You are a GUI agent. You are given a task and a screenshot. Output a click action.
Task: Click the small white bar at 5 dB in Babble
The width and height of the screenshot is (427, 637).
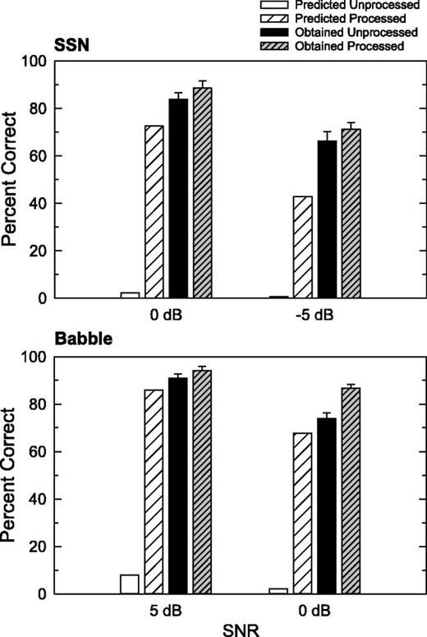pyautogui.click(x=130, y=584)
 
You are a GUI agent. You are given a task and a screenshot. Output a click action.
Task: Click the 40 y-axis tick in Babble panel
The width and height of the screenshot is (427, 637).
pyautogui.click(x=38, y=499)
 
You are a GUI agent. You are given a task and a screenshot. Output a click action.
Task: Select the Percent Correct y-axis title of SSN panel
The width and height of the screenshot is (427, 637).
pyautogui.click(x=11, y=179)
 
